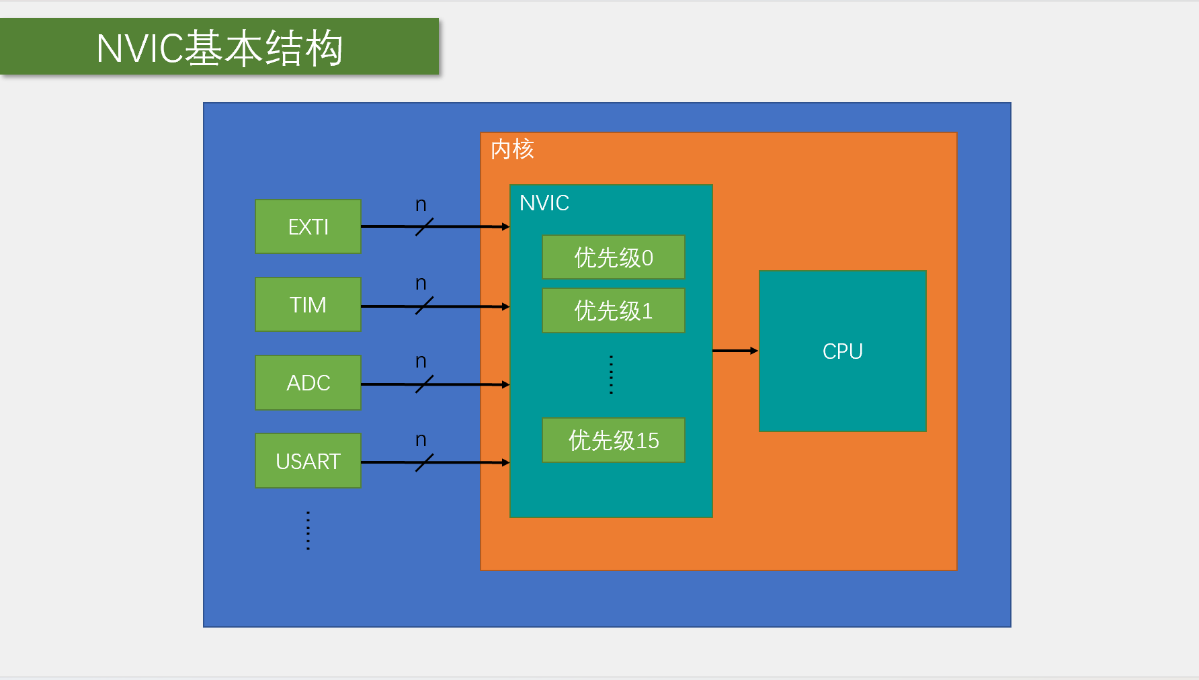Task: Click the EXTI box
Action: point(308,226)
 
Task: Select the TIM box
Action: point(308,304)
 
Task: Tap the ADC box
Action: point(308,382)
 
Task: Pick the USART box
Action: point(308,461)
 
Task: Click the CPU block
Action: point(842,351)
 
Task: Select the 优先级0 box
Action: point(613,257)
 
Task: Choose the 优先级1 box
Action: point(613,310)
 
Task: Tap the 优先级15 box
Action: point(613,440)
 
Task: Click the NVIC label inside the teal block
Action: point(544,203)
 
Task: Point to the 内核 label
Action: point(512,149)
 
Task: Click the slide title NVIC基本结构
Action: point(219,48)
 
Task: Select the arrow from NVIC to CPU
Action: point(735,351)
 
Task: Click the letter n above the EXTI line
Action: point(421,205)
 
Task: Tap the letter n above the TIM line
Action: point(421,284)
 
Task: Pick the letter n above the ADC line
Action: point(421,362)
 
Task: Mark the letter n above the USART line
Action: point(421,440)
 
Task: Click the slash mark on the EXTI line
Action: point(424,227)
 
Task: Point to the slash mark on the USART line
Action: point(424,462)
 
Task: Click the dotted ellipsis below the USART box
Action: point(308,531)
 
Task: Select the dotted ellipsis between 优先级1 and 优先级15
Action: point(611,374)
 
